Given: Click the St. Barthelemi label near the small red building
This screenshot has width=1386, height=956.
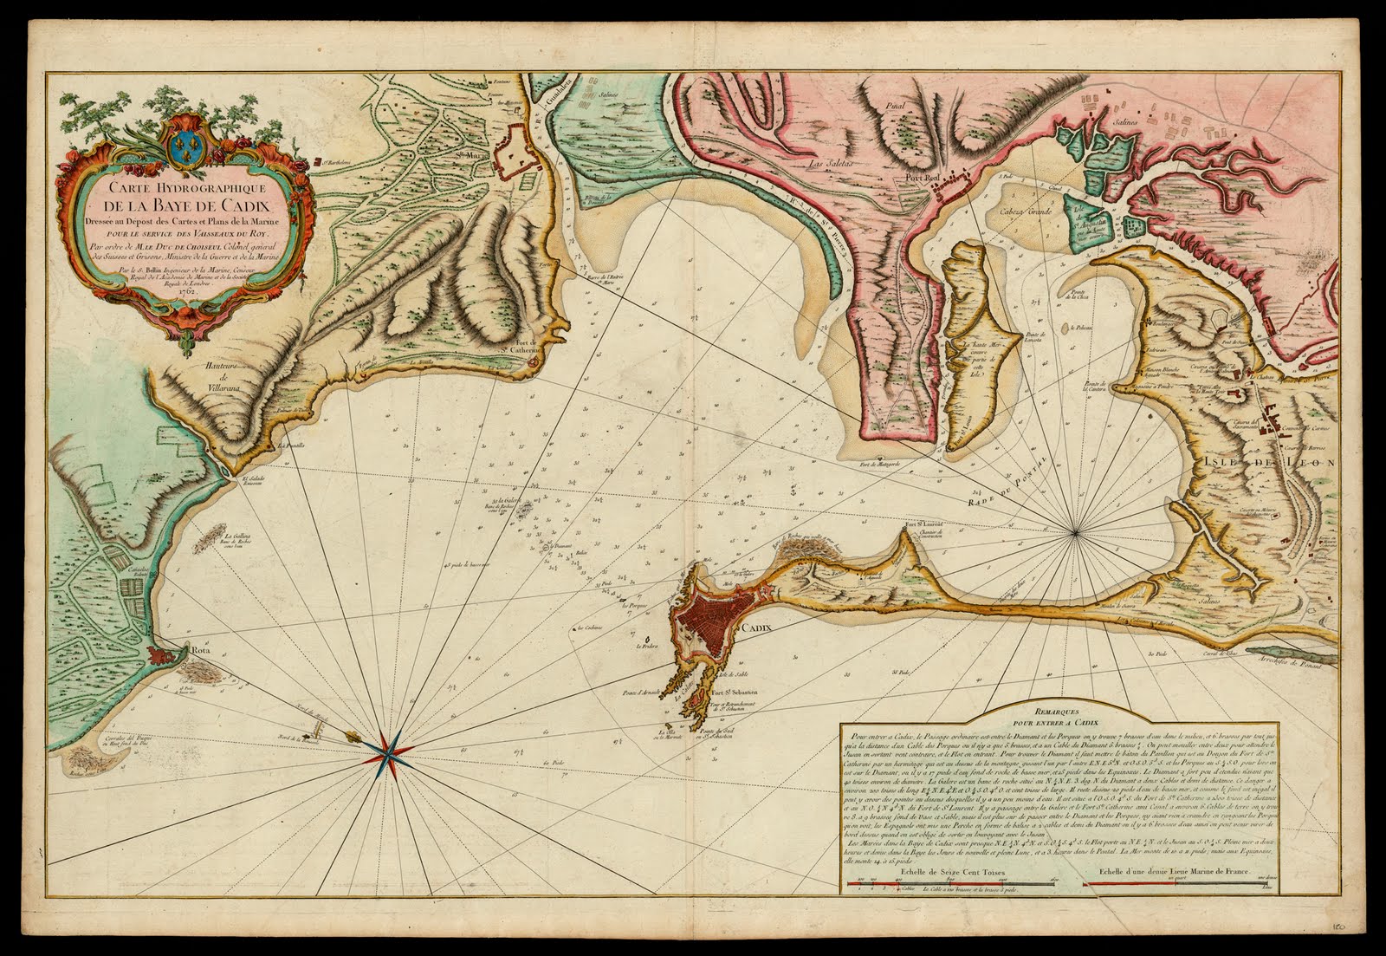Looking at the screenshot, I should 339,162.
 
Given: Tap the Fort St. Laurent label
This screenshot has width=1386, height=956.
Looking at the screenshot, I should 922,524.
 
